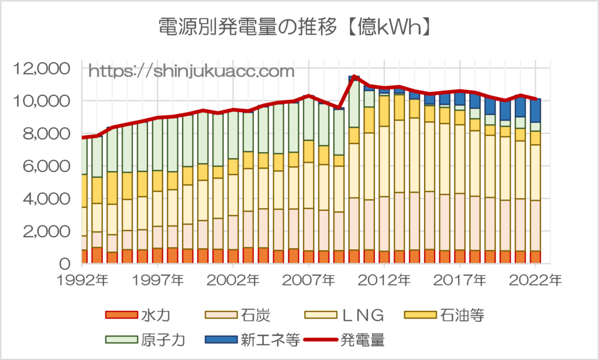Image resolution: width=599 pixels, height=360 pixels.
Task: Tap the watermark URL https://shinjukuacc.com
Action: pyautogui.click(x=191, y=72)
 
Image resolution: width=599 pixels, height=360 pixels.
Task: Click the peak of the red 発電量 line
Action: pyautogui.click(x=354, y=77)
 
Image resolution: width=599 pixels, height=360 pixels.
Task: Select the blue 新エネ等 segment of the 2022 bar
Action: pyautogui.click(x=535, y=110)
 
